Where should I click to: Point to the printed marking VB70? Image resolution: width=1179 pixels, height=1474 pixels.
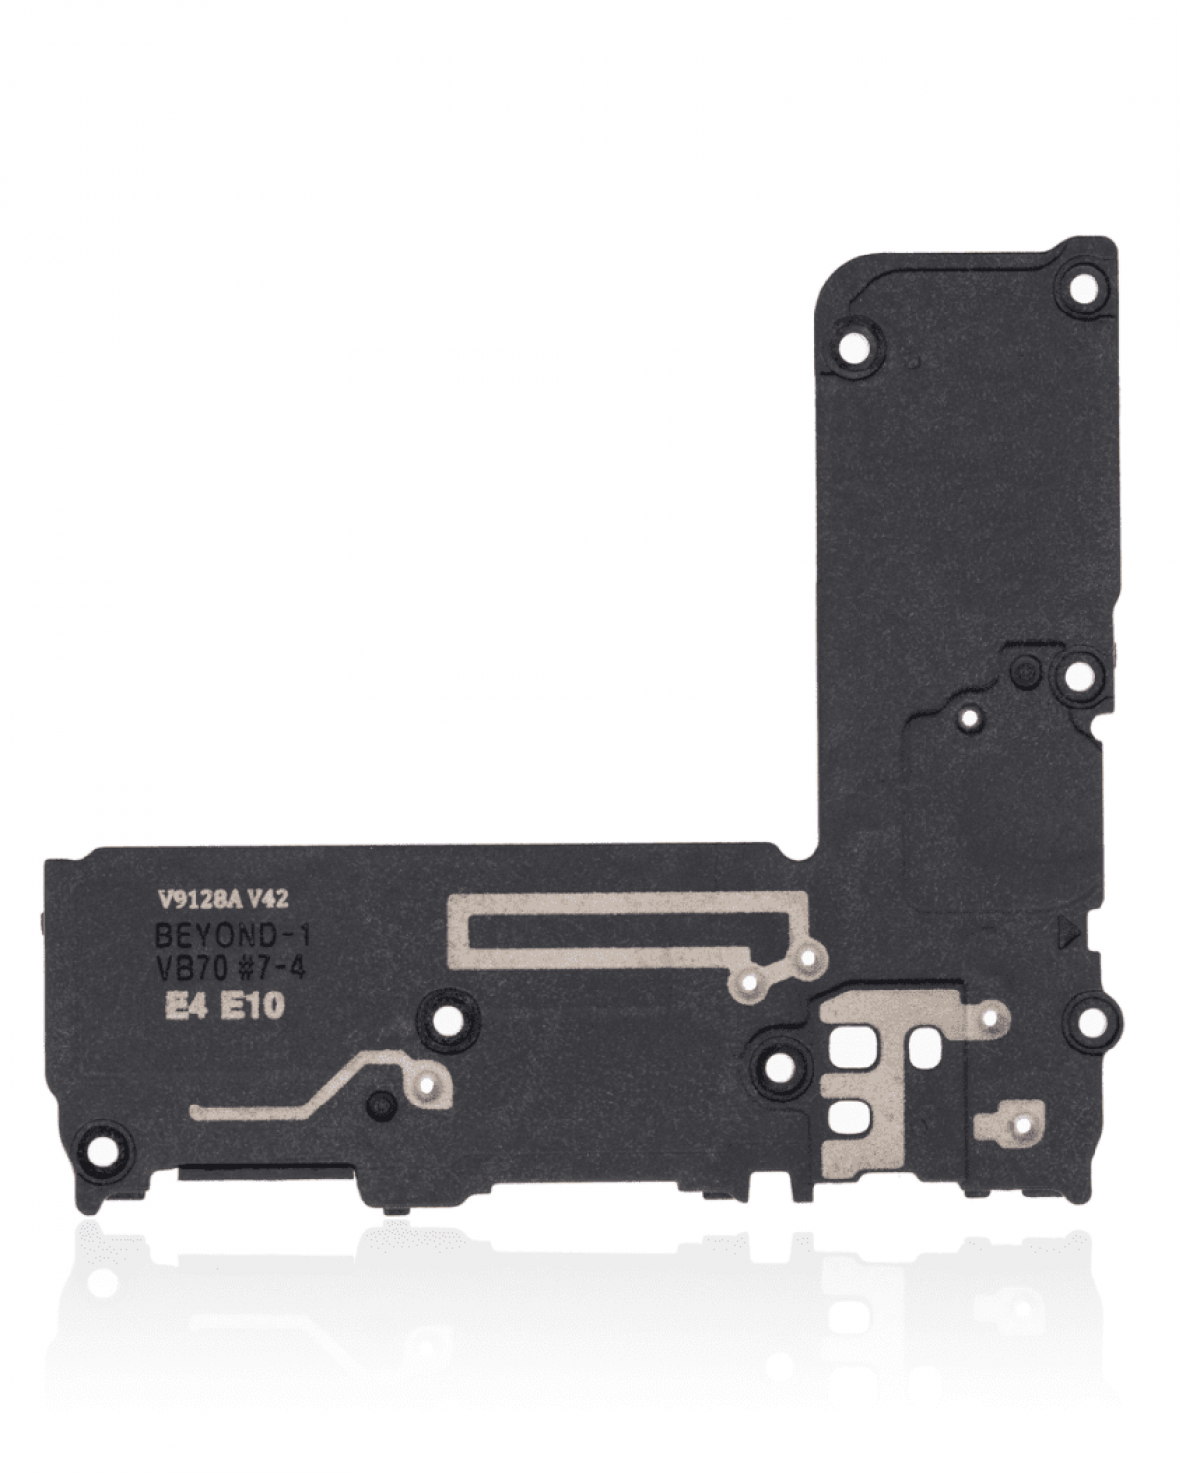tap(193, 968)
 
